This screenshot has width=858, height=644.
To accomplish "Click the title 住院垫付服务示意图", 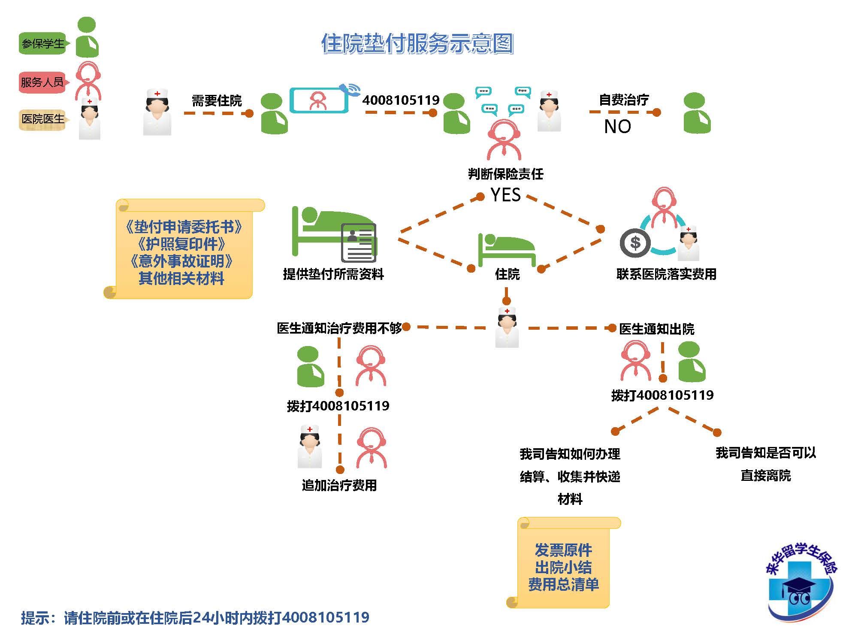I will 417,43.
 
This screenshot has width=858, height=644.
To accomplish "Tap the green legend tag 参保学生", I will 42,44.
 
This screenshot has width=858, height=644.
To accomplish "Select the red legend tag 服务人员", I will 42,82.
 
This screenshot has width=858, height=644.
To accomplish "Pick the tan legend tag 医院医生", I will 42,119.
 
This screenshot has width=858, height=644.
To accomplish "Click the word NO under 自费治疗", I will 617,127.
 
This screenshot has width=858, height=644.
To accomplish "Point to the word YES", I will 505,195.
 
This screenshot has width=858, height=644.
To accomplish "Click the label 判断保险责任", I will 505,174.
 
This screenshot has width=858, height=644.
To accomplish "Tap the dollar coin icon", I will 635,243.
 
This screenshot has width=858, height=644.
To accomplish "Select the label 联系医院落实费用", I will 666,274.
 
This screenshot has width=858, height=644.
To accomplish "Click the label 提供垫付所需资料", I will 333,274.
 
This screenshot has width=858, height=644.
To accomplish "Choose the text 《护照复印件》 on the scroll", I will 181,244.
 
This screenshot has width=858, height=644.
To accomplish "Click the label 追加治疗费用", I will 339,486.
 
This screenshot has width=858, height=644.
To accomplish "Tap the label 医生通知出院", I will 656,329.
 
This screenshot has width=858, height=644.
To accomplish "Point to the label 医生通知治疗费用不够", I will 339,328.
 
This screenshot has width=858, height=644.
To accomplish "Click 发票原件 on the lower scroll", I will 563,550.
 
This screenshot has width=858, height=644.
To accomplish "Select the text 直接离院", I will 765,476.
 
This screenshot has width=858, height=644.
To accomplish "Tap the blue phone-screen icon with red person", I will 319,100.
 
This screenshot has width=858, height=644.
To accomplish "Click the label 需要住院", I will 217,101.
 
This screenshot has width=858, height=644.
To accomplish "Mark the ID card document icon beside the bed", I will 359,243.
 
